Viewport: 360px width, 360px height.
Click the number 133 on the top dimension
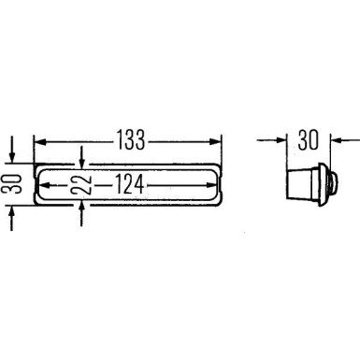131,140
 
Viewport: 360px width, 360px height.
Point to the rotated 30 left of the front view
12,185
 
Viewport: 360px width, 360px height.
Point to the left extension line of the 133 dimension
34,150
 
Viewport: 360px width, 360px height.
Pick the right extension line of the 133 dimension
223,150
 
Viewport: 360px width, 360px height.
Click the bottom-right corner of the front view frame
221,205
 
